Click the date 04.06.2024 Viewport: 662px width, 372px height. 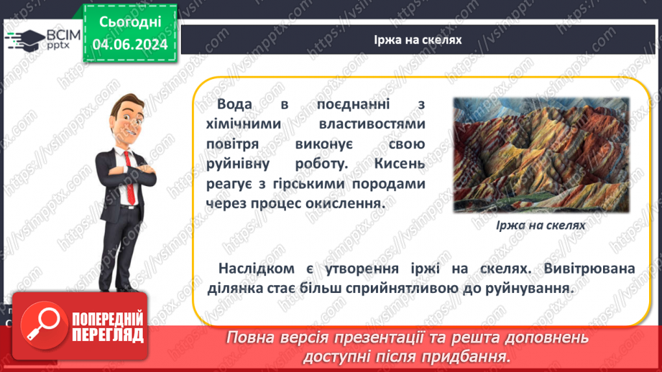pyautogui.click(x=129, y=44)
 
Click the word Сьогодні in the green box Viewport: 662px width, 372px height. pyautogui.click(x=129, y=22)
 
